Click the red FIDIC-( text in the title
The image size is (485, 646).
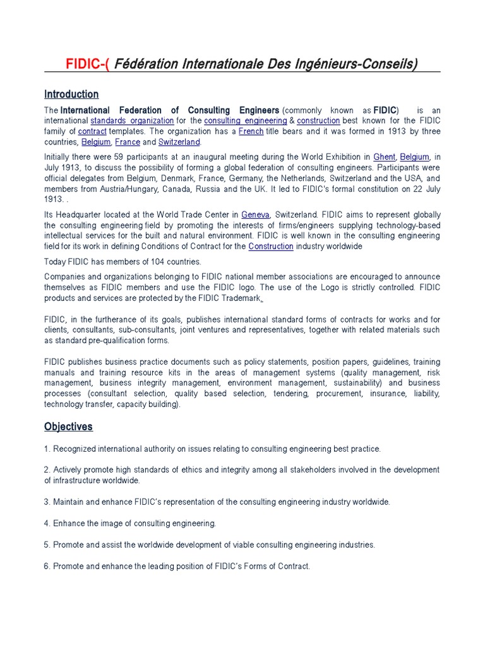coord(88,64)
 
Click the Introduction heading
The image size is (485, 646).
coord(71,95)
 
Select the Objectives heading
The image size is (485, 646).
coord(68,426)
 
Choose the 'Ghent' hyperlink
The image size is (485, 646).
coord(384,156)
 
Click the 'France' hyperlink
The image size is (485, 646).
coord(128,142)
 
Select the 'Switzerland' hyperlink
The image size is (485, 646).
coord(179,142)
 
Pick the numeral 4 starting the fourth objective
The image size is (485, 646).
coord(47,524)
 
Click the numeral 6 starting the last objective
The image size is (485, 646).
coord(47,566)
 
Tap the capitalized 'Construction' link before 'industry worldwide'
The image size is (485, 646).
coord(271,247)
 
